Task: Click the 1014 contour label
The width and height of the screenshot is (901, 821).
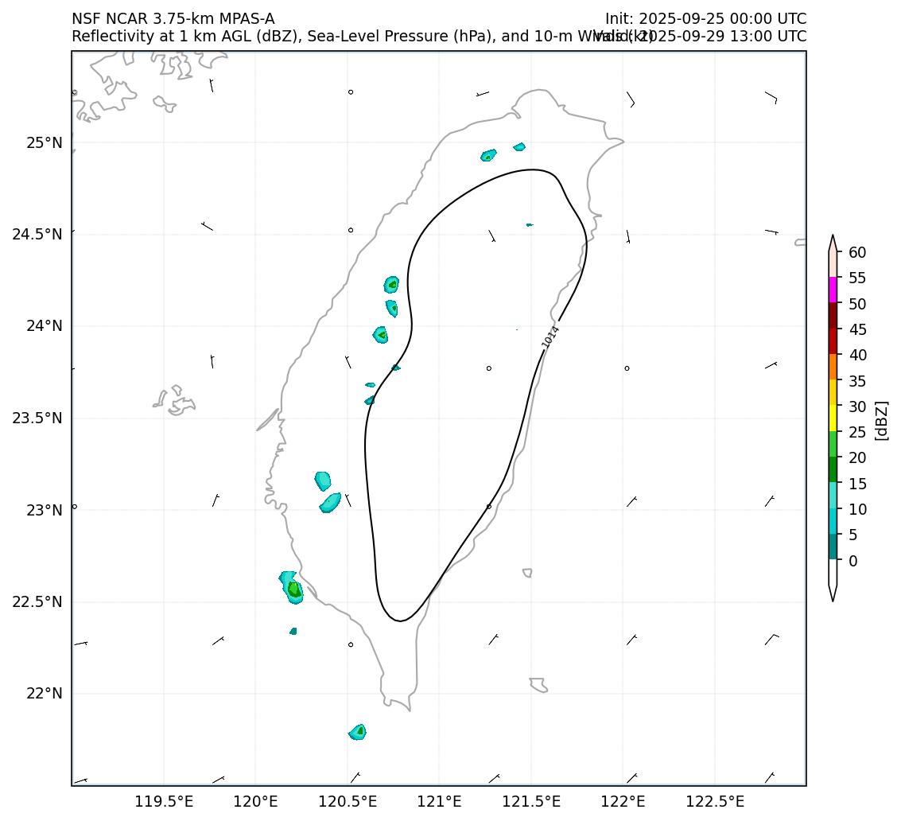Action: pos(551,337)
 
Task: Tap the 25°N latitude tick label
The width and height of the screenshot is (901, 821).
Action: pos(45,143)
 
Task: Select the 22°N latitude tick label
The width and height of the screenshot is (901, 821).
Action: pos(45,694)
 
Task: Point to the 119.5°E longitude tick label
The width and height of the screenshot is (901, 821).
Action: pos(164,800)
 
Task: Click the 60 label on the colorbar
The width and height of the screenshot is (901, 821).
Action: pos(857,252)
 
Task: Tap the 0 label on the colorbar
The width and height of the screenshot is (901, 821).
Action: pos(852,561)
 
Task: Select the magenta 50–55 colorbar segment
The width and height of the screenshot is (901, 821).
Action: pos(833,290)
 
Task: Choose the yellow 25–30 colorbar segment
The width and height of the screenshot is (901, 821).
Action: pos(833,418)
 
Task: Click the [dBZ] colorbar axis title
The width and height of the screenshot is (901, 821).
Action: pos(880,420)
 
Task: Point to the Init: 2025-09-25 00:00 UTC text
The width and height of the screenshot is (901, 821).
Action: pos(705,19)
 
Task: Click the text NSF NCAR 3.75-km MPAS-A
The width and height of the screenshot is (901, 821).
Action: pos(173,19)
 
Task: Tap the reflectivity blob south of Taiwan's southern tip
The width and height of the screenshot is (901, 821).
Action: pos(358,732)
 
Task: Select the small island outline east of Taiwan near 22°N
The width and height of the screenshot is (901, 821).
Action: pos(538,684)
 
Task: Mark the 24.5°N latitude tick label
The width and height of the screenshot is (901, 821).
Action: pos(37,235)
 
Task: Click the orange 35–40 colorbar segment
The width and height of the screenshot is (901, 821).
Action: pos(833,367)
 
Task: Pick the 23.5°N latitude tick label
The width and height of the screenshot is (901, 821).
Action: pos(37,418)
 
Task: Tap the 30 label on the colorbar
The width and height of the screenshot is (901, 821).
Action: pos(857,407)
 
